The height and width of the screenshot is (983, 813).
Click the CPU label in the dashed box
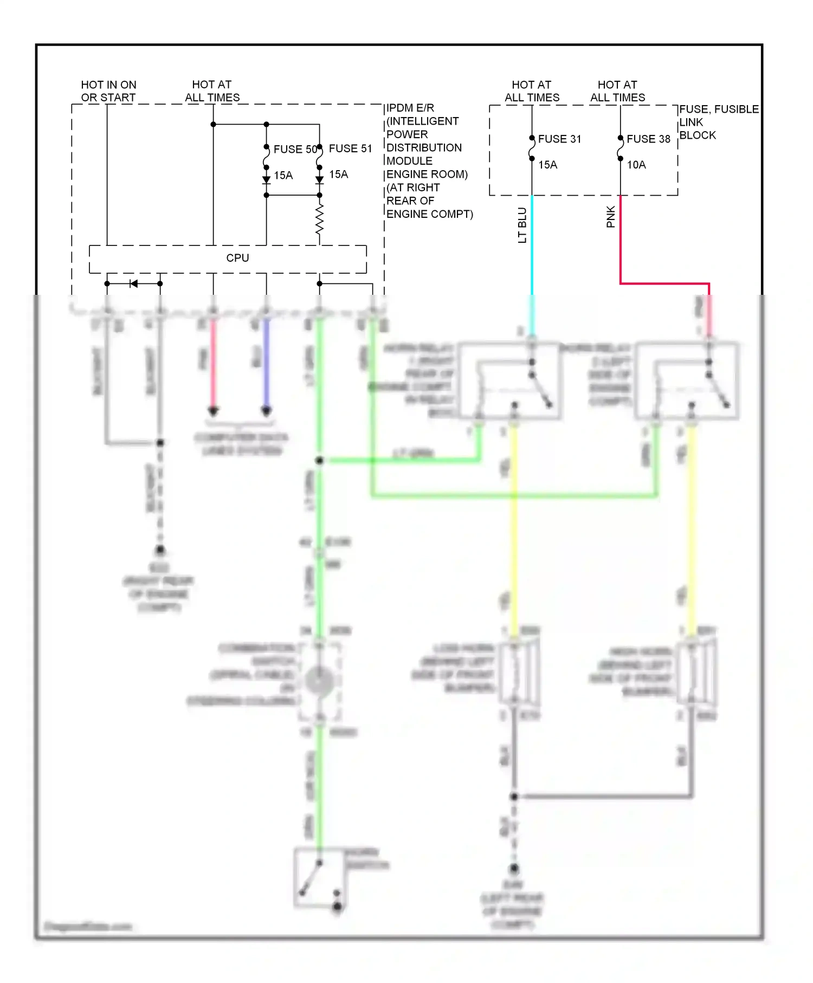237,258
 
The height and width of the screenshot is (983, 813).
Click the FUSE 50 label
295,149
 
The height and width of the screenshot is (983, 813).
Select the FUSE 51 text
350,148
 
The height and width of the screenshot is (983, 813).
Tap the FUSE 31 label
559,139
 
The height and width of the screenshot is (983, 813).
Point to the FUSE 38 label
648,139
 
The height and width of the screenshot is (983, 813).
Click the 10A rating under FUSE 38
636,165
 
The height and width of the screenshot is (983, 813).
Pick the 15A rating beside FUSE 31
547,165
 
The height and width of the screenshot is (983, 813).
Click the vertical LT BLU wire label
522,225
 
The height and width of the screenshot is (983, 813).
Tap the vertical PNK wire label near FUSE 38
611,217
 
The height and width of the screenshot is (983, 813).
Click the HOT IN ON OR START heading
108,91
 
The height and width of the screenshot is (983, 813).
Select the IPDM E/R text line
410,108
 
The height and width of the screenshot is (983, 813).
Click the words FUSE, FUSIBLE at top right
719,109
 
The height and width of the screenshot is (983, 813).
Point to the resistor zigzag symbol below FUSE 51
319,219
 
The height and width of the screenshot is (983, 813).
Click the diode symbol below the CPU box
133,283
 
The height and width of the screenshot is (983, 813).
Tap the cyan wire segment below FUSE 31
532,244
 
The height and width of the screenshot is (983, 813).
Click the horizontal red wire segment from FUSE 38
664,283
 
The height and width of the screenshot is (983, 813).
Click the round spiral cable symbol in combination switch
319,681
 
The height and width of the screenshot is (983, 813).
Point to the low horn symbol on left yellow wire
518,672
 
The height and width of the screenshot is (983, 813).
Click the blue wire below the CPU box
266,363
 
